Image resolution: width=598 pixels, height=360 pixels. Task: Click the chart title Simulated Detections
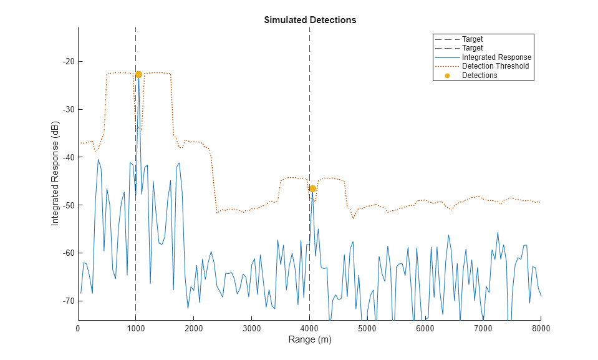tap(310, 20)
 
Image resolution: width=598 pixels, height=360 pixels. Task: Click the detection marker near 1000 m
tap(138, 74)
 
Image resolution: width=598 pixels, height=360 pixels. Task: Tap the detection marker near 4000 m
tap(312, 188)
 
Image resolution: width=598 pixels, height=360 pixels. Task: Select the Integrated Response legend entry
tap(496, 57)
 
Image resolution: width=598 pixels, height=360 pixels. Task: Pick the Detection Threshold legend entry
tap(495, 66)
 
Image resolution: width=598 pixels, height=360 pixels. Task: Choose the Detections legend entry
tap(480, 75)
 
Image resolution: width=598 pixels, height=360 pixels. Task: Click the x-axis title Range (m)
tap(309, 340)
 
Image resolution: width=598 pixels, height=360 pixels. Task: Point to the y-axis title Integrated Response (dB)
tap(55, 173)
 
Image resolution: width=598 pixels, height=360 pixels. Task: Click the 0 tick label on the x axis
tap(78, 328)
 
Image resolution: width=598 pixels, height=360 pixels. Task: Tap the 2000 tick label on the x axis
tap(193, 328)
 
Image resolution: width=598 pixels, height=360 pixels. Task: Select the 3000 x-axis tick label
tap(251, 328)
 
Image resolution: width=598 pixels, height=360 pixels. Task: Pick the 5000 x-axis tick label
tap(367, 328)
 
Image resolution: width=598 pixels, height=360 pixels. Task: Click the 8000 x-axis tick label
tap(541, 328)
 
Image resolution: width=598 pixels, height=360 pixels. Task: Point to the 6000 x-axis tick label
tap(425, 328)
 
